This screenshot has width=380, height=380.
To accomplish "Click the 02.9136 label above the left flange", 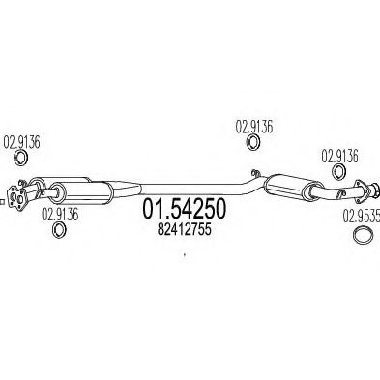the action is [x=24, y=138].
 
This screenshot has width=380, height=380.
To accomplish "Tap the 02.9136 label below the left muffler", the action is [x=61, y=217].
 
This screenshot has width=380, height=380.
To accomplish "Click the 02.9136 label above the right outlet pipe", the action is [x=339, y=154].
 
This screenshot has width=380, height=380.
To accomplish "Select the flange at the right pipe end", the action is [x=365, y=190].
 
